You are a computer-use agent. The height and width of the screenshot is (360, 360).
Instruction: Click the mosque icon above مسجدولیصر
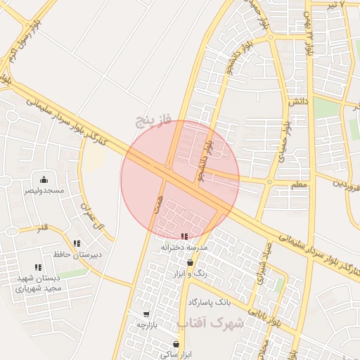[44, 179]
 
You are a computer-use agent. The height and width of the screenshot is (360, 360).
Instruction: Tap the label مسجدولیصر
[44, 191]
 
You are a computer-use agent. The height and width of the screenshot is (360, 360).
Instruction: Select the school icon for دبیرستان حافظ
[77, 243]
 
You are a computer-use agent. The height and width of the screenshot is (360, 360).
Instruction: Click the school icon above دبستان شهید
[38, 267]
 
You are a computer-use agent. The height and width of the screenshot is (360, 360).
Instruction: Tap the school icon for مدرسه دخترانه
[184, 236]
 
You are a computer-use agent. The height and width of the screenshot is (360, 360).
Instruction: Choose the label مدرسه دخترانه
[185, 247]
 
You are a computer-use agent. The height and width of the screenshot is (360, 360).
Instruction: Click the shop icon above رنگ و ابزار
[190, 262]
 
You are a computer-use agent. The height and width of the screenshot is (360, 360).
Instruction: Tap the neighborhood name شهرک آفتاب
[210, 324]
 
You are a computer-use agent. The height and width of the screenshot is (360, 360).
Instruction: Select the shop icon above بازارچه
[146, 314]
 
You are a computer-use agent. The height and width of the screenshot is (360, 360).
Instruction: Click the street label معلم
[298, 184]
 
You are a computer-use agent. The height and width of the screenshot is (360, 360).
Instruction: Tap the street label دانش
[298, 102]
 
